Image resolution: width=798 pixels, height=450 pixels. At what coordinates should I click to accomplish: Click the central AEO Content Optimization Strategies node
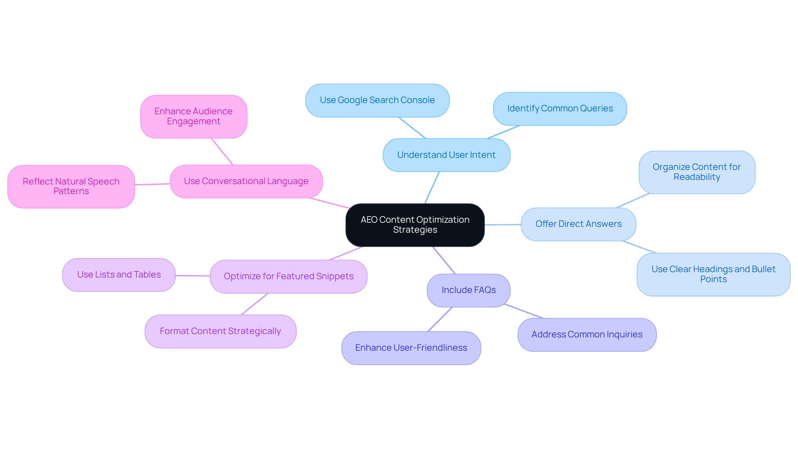(x=415, y=225)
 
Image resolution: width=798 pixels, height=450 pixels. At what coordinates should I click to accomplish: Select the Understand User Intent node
(x=446, y=155)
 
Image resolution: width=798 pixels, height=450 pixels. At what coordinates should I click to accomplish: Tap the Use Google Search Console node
(x=377, y=101)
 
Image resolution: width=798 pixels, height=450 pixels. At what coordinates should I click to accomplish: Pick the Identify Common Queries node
(x=560, y=109)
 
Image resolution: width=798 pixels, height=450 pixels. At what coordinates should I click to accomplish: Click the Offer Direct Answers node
(x=578, y=224)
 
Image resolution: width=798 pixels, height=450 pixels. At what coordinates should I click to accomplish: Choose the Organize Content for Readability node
(x=697, y=172)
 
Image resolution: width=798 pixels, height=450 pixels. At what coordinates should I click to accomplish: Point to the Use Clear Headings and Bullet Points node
(x=713, y=274)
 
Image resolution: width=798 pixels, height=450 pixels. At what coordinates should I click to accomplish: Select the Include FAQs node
(x=468, y=290)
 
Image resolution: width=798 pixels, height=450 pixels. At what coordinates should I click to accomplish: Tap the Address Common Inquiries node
(x=587, y=335)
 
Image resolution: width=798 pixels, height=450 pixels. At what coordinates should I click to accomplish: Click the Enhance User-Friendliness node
(x=411, y=348)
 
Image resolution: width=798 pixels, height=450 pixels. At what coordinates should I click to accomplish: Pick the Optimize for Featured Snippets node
(x=288, y=277)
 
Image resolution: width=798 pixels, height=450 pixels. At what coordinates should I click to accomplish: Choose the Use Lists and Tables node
(x=119, y=275)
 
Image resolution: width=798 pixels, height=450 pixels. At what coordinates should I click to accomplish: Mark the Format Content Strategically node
(x=220, y=332)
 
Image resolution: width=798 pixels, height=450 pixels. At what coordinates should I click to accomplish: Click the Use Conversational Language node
(x=246, y=182)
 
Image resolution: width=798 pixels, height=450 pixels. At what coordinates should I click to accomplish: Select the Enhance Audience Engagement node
(x=193, y=117)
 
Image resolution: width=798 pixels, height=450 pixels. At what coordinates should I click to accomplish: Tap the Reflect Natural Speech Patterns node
(x=71, y=187)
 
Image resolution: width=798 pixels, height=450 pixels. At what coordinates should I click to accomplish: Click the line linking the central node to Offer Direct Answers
(x=502, y=225)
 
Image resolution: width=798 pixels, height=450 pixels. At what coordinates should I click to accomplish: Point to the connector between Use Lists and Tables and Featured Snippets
(x=192, y=275)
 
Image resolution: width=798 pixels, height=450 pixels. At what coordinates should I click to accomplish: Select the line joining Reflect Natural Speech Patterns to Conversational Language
(x=152, y=184)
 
